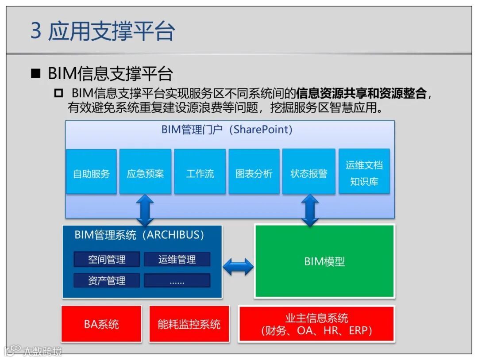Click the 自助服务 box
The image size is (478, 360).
click(91, 172)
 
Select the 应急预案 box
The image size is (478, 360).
click(145, 172)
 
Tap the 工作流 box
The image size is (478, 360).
click(200, 172)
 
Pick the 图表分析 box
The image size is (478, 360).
click(254, 172)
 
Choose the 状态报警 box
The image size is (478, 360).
click(308, 172)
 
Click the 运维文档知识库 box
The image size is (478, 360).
click(364, 172)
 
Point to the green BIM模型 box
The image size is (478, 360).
click(324, 261)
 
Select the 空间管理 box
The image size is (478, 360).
click(107, 259)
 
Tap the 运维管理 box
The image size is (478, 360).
click(177, 259)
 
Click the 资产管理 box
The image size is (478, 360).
click(107, 280)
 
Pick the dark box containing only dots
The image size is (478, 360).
click(177, 280)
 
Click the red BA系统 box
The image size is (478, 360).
click(101, 324)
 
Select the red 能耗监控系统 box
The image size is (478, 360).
click(189, 324)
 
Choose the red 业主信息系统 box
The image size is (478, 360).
click(316, 324)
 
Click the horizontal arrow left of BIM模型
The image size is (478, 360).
click(238, 267)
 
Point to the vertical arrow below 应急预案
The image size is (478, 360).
click(145, 210)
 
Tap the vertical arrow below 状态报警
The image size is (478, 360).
click(309, 210)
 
